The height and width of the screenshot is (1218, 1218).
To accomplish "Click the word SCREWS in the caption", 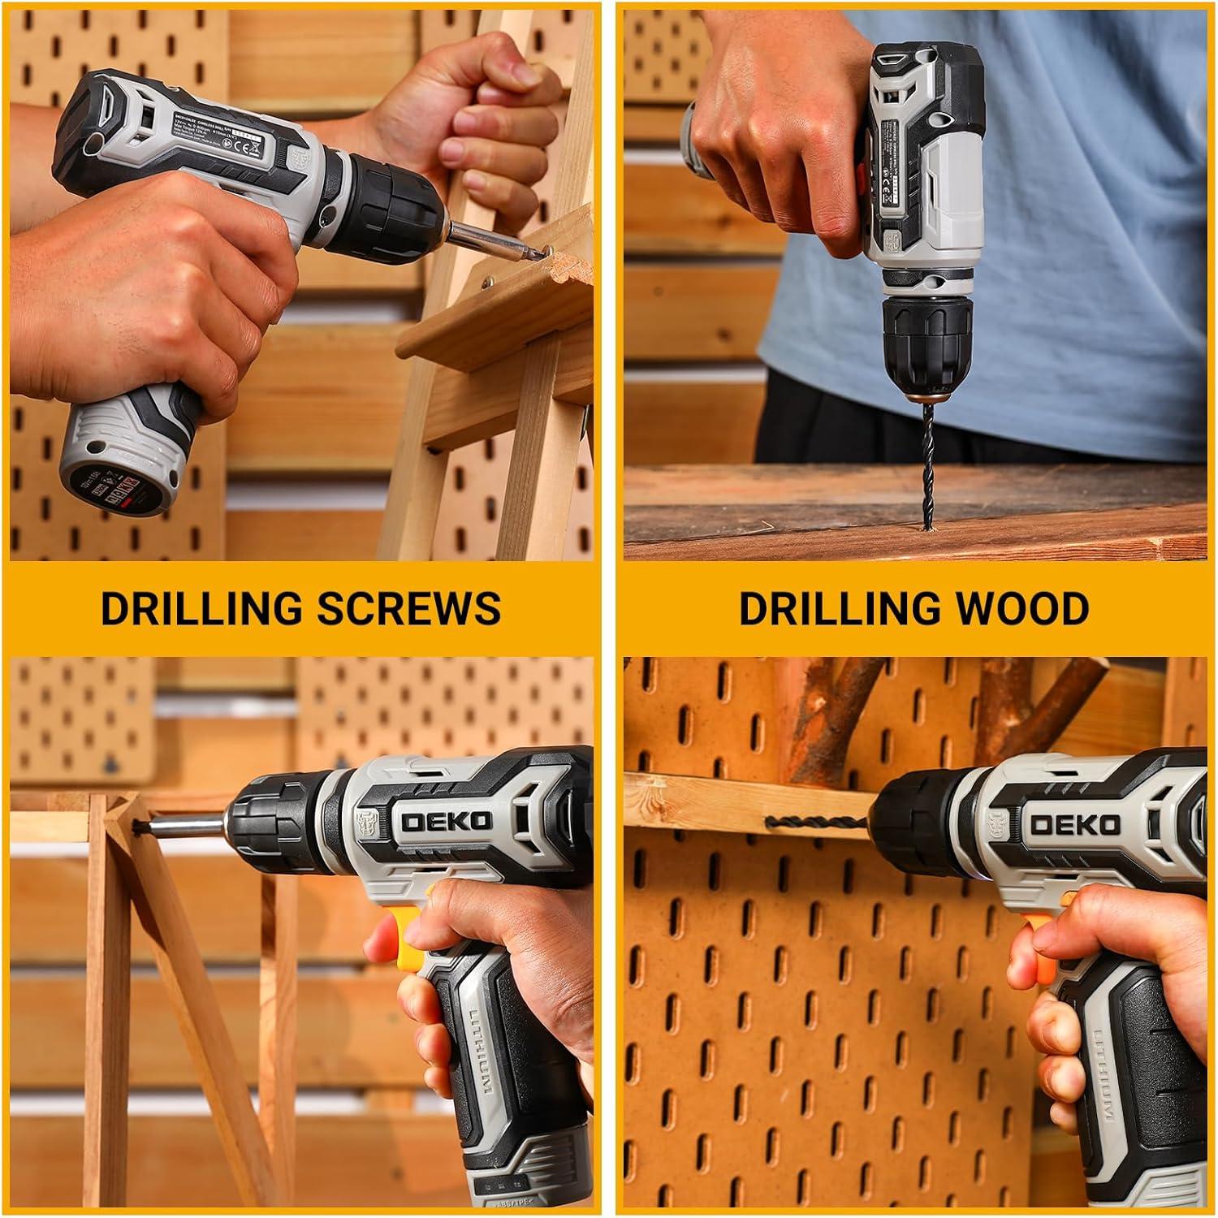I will [x=408, y=607].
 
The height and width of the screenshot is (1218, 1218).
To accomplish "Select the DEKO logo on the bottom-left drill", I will [x=446, y=821].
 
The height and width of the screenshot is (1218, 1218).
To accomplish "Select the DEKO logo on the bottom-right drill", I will [x=1075, y=825].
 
